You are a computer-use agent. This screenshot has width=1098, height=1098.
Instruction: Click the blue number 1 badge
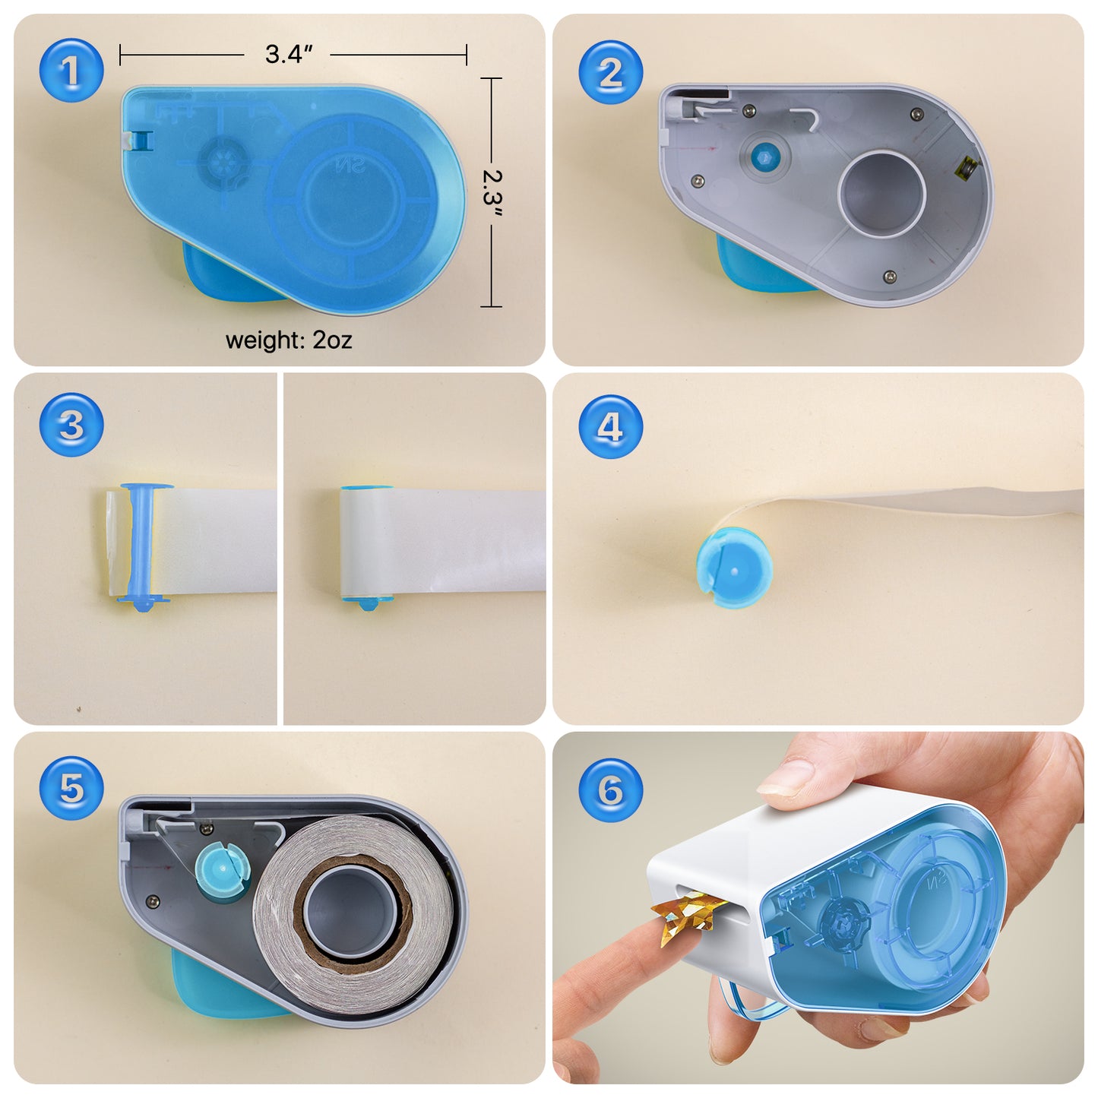[x=71, y=71]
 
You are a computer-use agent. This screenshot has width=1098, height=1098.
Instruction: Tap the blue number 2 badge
[x=610, y=73]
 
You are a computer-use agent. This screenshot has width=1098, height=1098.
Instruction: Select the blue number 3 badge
[x=71, y=425]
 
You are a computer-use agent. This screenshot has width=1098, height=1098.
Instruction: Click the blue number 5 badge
[x=71, y=788]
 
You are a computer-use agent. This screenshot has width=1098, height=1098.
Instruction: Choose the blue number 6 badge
[x=610, y=789]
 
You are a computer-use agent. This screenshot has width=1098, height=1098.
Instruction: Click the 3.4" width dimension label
[x=289, y=55]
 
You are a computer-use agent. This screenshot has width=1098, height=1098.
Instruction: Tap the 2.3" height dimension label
[x=493, y=192]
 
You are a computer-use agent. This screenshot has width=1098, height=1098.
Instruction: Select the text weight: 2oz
[x=289, y=340]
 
